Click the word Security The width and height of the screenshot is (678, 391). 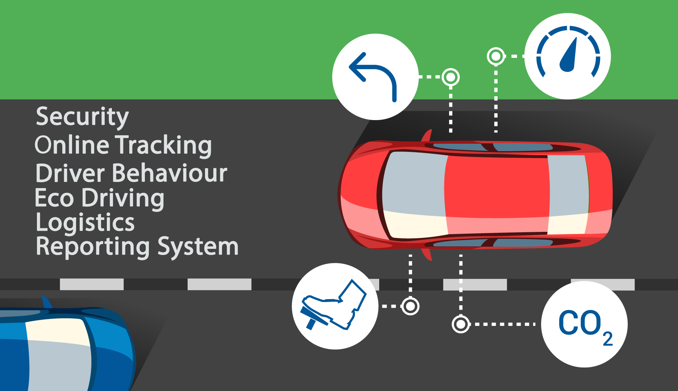tap(82, 117)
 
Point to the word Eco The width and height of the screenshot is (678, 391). tap(54, 198)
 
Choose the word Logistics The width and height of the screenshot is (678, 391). tap(85, 222)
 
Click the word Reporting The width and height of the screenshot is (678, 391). tap(93, 247)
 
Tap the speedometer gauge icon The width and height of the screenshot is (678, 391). tap(568, 56)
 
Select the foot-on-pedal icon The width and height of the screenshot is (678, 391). tap(335, 306)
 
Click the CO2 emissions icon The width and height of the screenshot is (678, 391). tap(584, 324)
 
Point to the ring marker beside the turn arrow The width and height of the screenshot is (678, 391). tap(451, 77)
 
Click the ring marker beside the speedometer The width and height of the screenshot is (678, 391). tap(496, 56)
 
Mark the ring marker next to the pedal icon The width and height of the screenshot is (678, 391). tap(410, 306)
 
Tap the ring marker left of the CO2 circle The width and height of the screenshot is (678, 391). tap(461, 324)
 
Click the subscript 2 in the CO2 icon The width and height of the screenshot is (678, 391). tap(608, 339)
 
